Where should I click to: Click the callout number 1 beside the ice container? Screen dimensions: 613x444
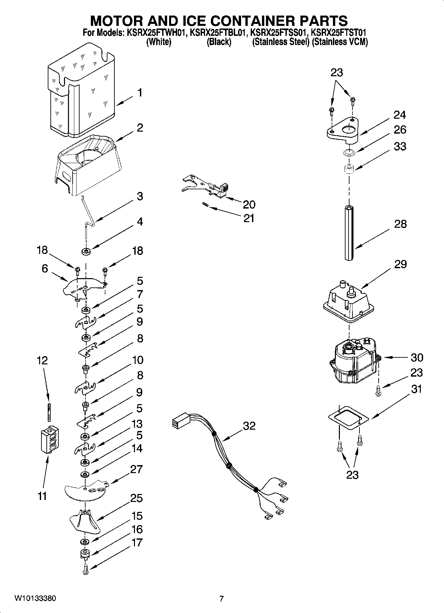point(140,92)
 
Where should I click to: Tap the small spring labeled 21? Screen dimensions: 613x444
point(205,206)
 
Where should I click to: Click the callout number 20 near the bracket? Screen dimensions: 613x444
point(249,204)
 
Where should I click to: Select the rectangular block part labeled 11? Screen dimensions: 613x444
point(49,440)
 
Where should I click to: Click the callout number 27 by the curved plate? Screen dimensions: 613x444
point(136,469)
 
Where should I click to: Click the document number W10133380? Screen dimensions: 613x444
point(35,598)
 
